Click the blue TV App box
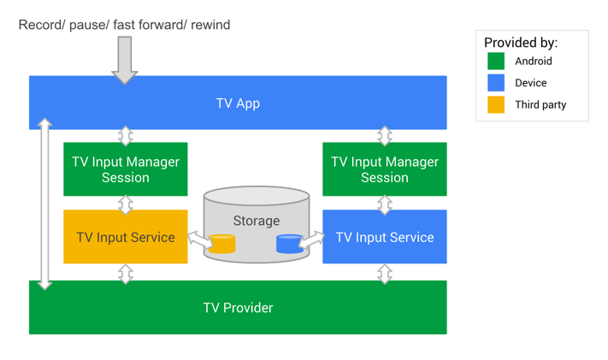click(x=237, y=103)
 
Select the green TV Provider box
click(x=237, y=308)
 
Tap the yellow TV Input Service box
click(x=126, y=237)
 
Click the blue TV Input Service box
click(x=385, y=237)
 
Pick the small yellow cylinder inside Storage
click(x=222, y=244)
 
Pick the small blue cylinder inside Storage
click(x=289, y=244)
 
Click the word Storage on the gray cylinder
click(x=257, y=221)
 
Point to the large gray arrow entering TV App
click(x=125, y=60)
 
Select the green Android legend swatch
click(x=496, y=61)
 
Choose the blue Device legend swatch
click(x=496, y=83)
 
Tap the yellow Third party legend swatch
click(x=496, y=104)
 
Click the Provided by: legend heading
click(x=521, y=42)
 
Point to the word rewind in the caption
click(x=210, y=25)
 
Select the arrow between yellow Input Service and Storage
click(x=199, y=241)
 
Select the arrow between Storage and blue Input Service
click(x=311, y=240)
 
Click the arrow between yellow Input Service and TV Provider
click(x=126, y=273)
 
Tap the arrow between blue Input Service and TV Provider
click(x=385, y=273)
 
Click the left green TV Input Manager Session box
click(x=126, y=169)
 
